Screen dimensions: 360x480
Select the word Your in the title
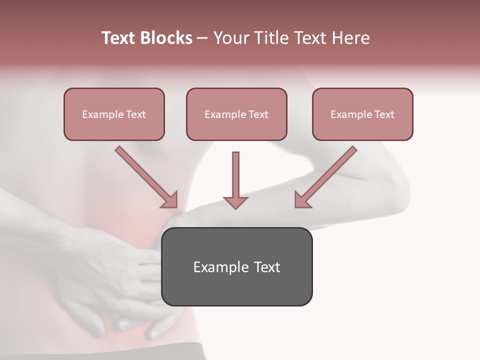(231, 38)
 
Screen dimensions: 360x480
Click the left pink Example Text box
(114, 114)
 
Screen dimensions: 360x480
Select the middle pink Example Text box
(236, 114)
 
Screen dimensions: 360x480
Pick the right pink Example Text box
(362, 114)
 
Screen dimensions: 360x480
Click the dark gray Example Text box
(237, 266)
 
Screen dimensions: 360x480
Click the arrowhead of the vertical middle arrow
(235, 202)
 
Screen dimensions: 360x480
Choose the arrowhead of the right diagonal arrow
(301, 200)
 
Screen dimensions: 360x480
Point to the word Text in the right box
(384, 114)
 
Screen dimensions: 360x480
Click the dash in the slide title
(202, 38)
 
